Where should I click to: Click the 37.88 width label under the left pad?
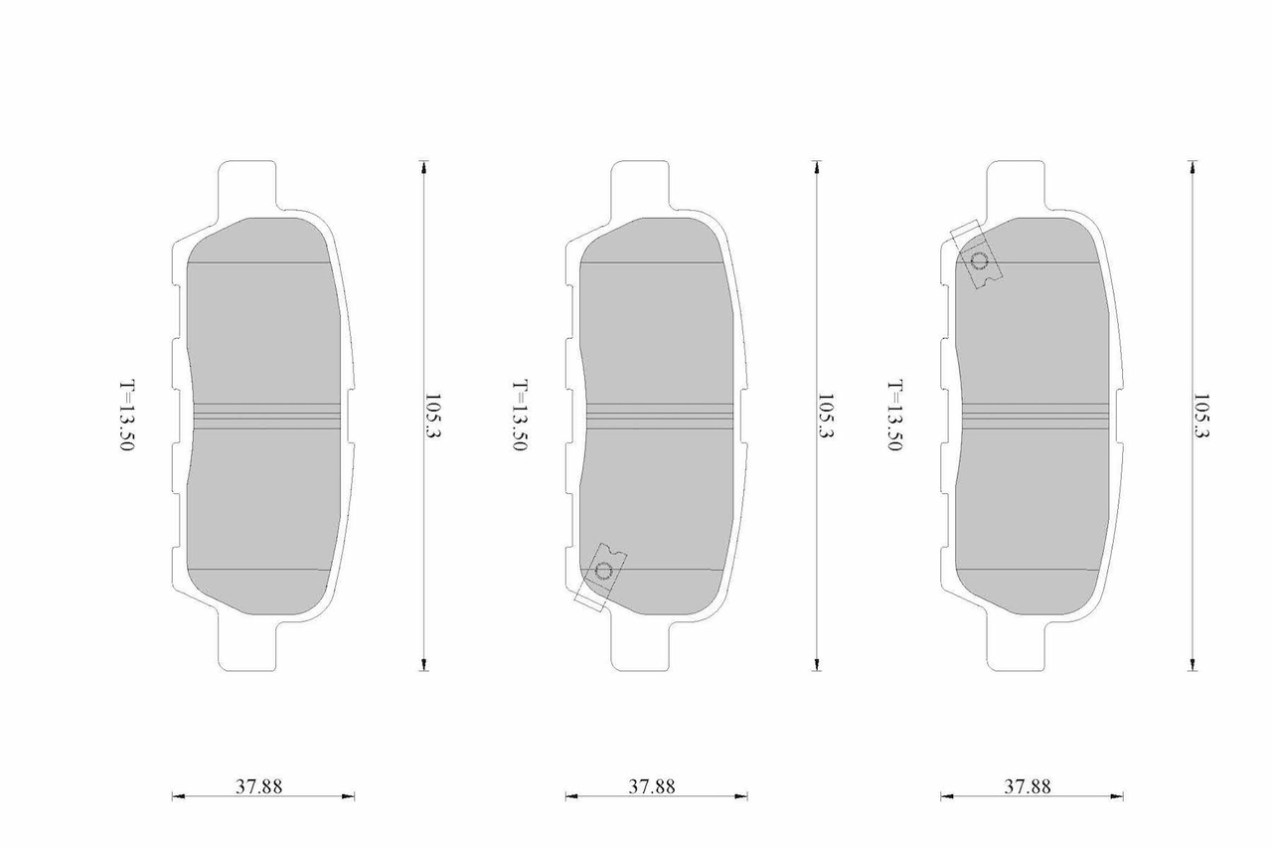259,786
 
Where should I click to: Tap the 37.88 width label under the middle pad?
652,786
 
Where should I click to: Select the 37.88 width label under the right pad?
1028,786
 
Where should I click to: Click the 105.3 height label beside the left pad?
433,416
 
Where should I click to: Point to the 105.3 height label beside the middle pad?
825,416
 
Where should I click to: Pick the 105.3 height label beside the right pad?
1201,416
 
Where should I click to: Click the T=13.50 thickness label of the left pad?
127,416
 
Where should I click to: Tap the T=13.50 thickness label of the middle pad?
520,416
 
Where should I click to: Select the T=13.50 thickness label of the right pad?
895,416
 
